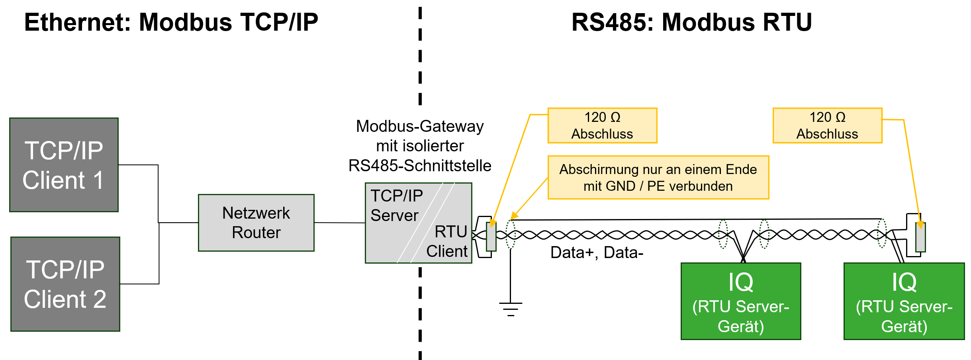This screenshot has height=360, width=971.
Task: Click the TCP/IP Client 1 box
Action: (x=64, y=164)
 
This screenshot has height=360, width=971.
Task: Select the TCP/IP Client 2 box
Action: (x=65, y=284)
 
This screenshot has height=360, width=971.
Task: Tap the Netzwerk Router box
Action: (x=256, y=223)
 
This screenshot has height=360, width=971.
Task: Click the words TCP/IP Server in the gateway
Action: (x=396, y=205)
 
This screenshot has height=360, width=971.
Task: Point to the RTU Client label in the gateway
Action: (x=448, y=241)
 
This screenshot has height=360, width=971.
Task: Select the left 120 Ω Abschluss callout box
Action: (x=602, y=125)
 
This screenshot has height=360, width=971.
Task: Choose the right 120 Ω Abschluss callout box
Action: (x=827, y=125)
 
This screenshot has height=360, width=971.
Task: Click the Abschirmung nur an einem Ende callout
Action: (x=658, y=178)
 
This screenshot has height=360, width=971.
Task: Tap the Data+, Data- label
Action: (x=597, y=252)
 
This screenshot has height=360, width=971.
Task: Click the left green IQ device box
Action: (x=740, y=301)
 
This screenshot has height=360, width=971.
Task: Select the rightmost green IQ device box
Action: (x=904, y=301)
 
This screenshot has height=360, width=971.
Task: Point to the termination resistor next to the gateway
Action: (x=491, y=237)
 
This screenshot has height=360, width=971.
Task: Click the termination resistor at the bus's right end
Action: (x=920, y=237)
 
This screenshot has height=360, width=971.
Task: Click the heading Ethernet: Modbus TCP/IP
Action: (x=171, y=22)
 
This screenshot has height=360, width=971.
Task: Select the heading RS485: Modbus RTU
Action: (x=691, y=22)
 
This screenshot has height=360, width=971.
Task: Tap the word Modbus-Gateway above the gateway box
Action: (x=420, y=126)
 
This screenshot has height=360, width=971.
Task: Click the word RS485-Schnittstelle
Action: (x=420, y=166)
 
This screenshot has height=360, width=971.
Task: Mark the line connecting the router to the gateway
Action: (x=339, y=223)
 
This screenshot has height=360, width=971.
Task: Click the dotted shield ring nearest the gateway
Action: (x=511, y=234)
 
